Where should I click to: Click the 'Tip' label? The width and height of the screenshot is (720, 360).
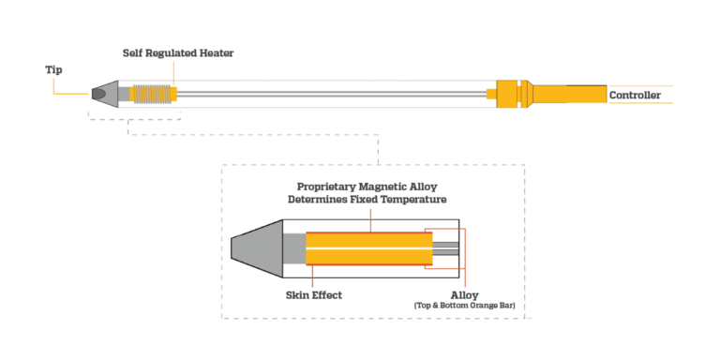53,69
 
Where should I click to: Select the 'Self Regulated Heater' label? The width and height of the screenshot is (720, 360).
177,53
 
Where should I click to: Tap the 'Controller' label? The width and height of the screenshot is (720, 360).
635,96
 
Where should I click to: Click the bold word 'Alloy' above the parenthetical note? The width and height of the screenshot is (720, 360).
464,293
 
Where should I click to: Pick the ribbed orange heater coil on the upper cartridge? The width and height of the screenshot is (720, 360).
155,95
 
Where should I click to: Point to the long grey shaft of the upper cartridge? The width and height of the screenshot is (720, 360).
328,95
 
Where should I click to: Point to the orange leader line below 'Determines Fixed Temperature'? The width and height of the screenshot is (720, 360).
369,217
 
